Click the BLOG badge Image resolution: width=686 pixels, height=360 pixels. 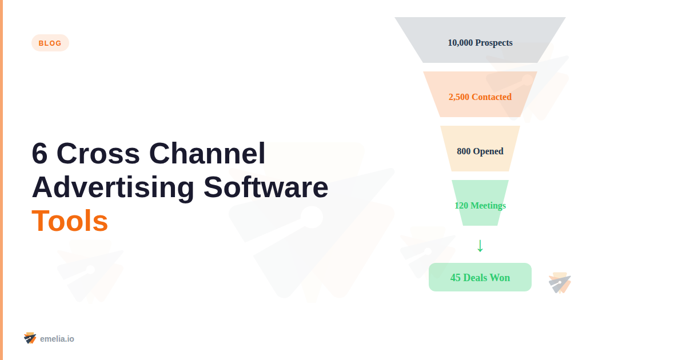pos(50,43)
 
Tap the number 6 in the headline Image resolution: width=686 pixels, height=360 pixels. pos(39,154)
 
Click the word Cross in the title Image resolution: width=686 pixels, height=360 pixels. pos(98,154)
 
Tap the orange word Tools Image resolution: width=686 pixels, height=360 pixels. pos(70,221)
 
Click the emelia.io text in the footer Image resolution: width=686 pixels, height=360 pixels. pos(57,339)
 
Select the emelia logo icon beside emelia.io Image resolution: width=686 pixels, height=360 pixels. pos(30,338)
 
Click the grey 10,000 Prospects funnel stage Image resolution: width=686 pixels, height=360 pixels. pos(480,40)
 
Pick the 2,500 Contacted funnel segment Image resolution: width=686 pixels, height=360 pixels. pos(480,94)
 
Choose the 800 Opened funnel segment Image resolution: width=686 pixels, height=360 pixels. pos(480,149)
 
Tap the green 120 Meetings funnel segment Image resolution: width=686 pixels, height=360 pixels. pos(480,203)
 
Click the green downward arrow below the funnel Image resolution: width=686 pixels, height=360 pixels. pos(480,246)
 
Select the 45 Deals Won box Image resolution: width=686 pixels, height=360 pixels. pos(480,277)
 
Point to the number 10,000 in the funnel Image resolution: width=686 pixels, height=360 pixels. pos(460,43)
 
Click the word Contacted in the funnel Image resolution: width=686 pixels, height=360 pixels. pos(492,97)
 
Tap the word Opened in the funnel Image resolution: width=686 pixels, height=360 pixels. pos(488,151)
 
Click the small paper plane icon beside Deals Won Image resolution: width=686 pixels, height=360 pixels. pos(560,283)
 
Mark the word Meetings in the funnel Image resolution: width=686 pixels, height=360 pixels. pos(488,206)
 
